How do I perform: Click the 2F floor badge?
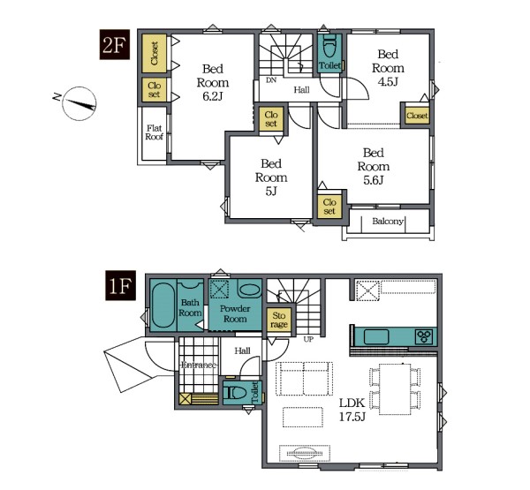pos(115,45)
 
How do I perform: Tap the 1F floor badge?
pos(120,285)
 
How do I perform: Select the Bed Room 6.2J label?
pos(213,83)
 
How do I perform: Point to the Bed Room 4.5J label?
pos(388,68)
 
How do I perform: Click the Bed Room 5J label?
pos(271,177)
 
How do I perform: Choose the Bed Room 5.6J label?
pos(373,166)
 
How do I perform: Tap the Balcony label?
pos(388,222)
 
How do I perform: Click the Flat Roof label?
pos(154,132)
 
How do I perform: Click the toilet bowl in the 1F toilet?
pos(238,393)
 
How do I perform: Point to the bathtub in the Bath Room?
pos(163,305)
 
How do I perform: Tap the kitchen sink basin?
pos(376,337)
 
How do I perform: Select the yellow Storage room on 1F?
pos(279,320)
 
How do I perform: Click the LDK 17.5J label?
pos(352,410)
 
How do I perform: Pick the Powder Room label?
pos(235,313)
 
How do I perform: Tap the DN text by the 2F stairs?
pos(271,80)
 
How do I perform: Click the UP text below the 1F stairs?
pos(308,339)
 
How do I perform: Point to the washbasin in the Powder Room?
pos(249,290)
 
